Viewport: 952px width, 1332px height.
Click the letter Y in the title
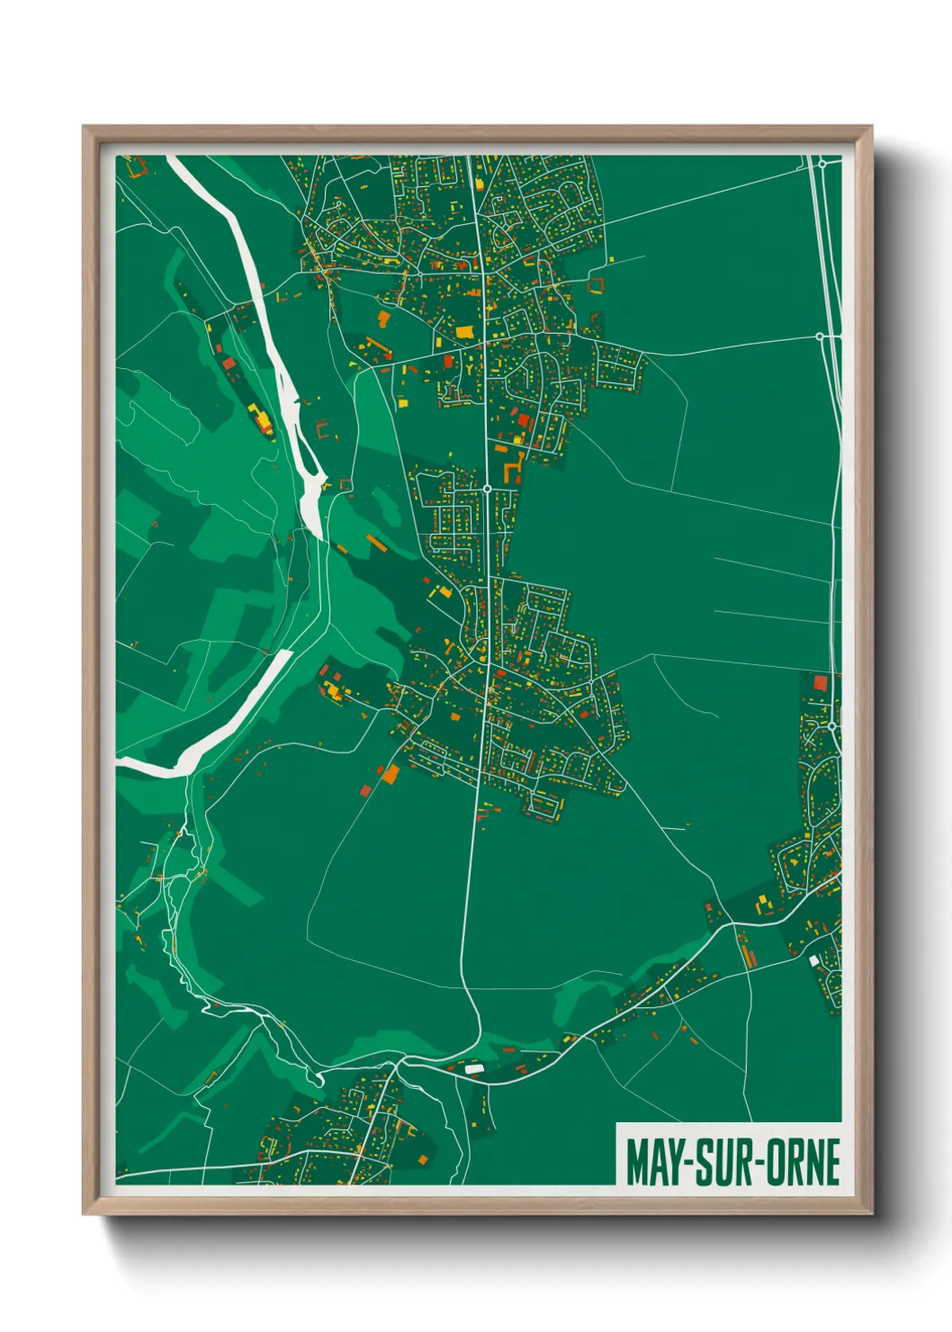pos(675,1163)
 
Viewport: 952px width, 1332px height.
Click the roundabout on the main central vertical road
pos(487,489)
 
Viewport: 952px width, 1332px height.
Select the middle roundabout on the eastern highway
pos(820,337)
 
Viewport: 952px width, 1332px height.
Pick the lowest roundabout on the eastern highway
pos(832,725)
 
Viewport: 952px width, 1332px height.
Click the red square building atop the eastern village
pos(820,683)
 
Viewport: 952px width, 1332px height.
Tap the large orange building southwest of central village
pos(391,773)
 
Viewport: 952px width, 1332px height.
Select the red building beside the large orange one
pos(366,790)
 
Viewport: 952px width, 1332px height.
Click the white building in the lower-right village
pos(814,961)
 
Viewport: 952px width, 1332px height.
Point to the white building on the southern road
pos(474,1068)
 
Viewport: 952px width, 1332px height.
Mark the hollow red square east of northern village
pos(595,285)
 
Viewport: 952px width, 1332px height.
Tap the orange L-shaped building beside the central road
pos(514,469)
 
